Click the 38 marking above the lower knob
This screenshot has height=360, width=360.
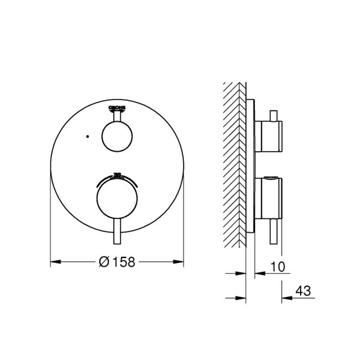[118, 175]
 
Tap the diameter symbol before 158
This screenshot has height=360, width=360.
[103, 262]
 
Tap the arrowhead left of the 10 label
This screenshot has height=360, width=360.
[259, 274]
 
